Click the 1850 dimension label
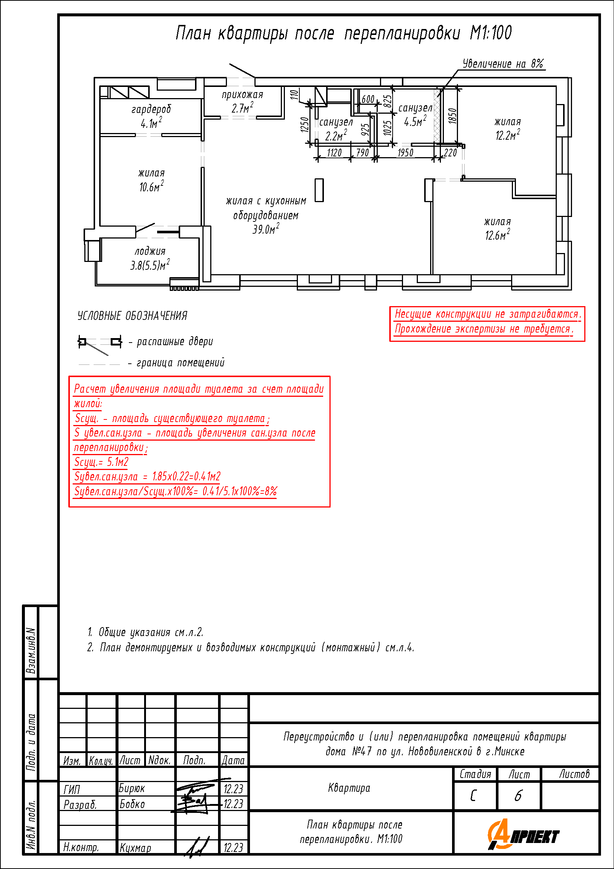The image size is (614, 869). click(452, 116)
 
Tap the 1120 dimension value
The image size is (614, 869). click(334, 153)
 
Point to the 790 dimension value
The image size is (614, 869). click(363, 153)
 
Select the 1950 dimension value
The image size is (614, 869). click(405, 153)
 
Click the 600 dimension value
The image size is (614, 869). click(368, 99)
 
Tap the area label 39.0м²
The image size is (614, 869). click(266, 228)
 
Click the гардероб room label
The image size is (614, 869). click(151, 109)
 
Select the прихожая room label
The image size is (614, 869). click(242, 95)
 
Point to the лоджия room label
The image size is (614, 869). click(150, 251)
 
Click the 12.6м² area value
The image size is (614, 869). click(497, 235)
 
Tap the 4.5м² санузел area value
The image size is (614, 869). click(415, 121)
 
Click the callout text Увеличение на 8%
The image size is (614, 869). click(503, 64)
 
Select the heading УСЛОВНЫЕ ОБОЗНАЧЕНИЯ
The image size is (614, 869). click(132, 316)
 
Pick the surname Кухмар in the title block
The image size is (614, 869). click(135, 848)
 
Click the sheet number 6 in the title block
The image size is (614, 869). click(518, 795)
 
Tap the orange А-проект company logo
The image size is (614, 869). click(523, 834)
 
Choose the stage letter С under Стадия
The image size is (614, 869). click(473, 795)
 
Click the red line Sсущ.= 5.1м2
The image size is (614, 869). click(101, 462)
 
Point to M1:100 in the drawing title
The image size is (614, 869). click(491, 33)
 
